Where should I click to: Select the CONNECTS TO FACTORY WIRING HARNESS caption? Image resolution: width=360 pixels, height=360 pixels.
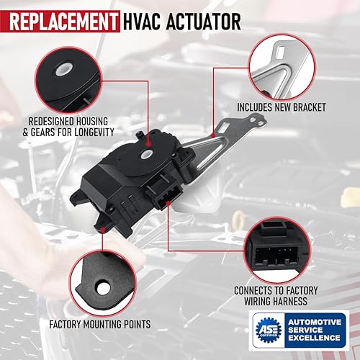pos(276,296)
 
